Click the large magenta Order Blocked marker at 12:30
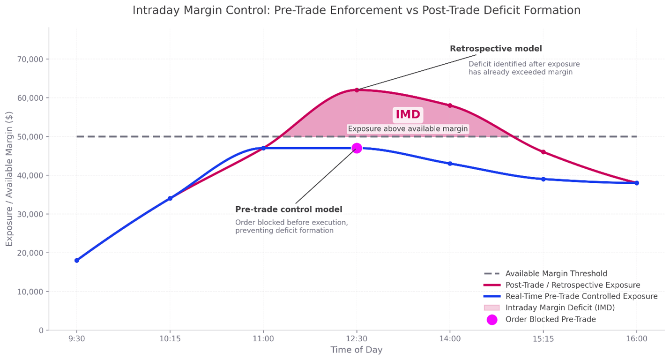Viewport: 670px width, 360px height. coord(357,148)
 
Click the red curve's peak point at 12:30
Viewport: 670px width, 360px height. coord(357,90)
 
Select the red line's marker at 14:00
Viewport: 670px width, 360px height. coord(450,105)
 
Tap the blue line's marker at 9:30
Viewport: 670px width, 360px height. coord(77,260)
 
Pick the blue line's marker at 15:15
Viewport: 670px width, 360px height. coord(543,179)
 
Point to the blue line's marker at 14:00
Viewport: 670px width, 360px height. coord(450,164)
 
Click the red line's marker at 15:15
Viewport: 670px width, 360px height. coord(543,152)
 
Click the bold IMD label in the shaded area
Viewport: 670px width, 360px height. coord(408,114)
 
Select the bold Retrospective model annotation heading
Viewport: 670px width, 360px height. coord(496,49)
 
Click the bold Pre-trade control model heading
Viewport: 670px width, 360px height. coord(289,209)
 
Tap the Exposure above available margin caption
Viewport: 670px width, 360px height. coord(408,129)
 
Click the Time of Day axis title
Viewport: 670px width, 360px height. coord(356,350)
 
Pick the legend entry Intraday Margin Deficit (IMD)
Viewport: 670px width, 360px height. coord(560,308)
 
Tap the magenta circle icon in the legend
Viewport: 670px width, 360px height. coord(491,320)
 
